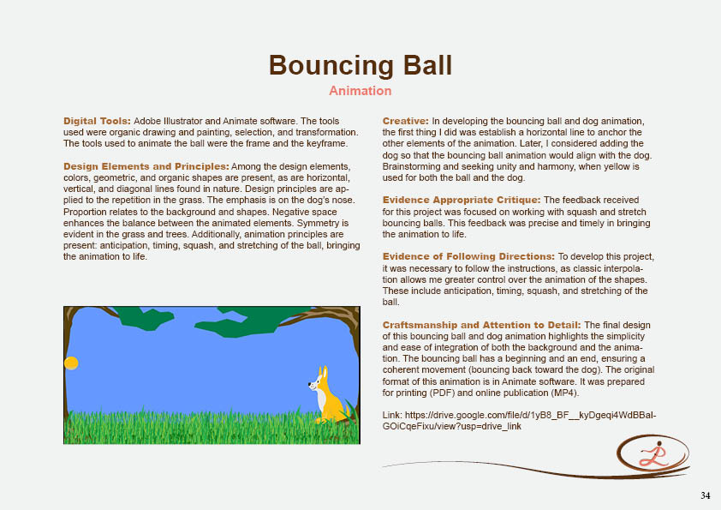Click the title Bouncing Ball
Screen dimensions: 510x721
click(x=360, y=65)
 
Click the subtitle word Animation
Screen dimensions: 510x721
click(x=360, y=91)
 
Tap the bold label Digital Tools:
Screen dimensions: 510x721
click(x=97, y=122)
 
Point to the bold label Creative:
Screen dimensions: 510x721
click(x=406, y=122)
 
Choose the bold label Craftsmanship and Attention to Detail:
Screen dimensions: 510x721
click(x=481, y=325)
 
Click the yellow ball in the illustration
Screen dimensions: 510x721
click(x=72, y=363)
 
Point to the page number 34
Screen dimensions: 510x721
click(x=705, y=495)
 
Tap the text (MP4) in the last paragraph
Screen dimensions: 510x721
click(x=562, y=393)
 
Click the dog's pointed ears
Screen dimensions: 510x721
click(x=322, y=372)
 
